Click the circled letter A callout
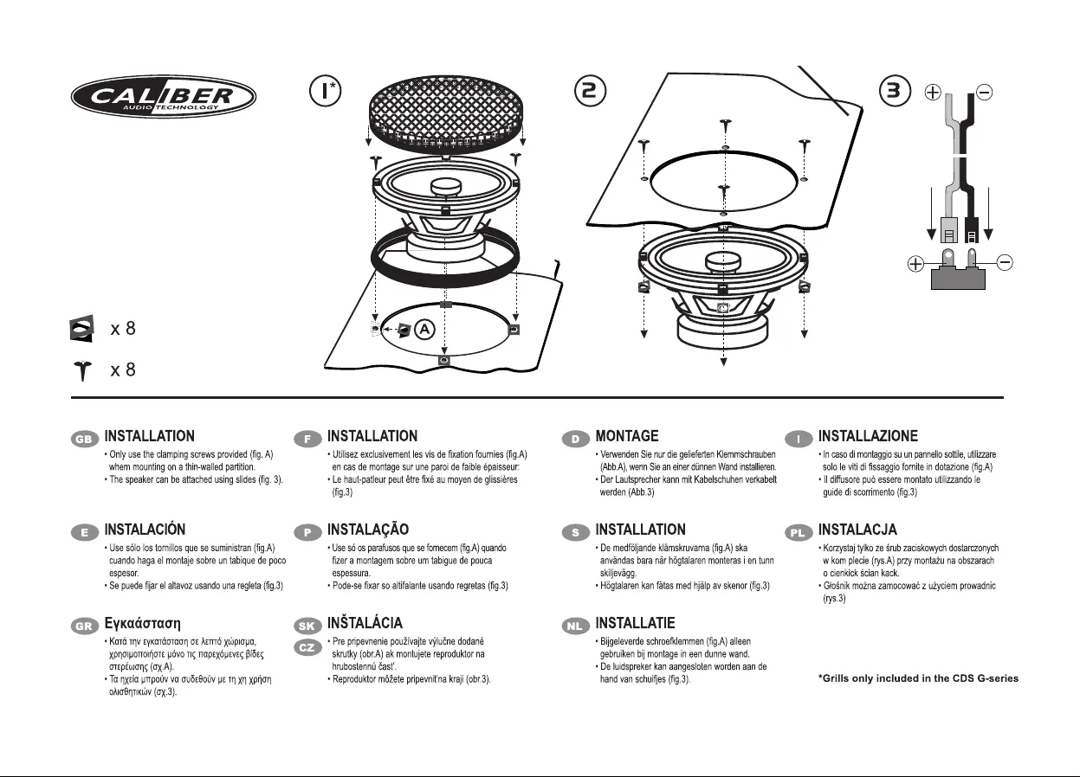(x=424, y=330)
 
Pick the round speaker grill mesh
(x=445, y=109)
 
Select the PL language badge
(x=799, y=532)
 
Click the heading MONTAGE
(x=627, y=437)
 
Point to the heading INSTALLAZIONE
(x=869, y=437)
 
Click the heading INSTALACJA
(x=857, y=530)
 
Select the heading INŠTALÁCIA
(x=365, y=623)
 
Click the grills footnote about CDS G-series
(x=918, y=677)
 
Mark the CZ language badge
(x=307, y=646)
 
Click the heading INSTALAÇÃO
(x=368, y=530)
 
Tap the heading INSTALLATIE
(x=636, y=623)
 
